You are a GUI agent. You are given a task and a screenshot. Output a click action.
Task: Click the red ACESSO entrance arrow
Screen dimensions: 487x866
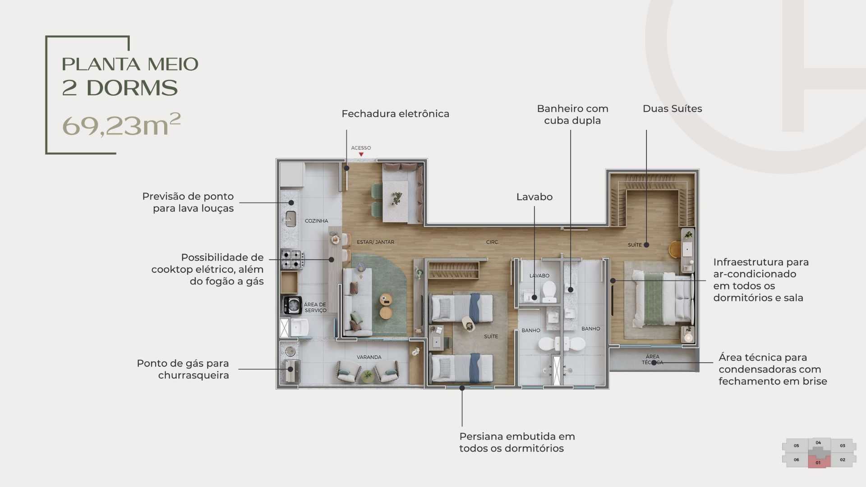pyautogui.click(x=361, y=155)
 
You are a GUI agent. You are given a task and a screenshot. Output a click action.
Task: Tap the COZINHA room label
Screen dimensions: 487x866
pyautogui.click(x=316, y=221)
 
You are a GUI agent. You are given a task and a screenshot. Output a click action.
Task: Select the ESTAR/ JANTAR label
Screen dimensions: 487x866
pyautogui.click(x=375, y=242)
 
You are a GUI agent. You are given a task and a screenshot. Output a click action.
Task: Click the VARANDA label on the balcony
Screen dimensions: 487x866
pyautogui.click(x=369, y=357)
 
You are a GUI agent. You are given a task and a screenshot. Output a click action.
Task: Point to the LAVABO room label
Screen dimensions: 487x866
pyautogui.click(x=539, y=276)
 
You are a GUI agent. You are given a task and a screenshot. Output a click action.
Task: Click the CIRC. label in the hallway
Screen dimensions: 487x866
pyautogui.click(x=492, y=242)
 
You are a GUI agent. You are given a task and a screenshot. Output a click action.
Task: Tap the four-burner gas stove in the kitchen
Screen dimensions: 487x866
pyautogui.click(x=292, y=259)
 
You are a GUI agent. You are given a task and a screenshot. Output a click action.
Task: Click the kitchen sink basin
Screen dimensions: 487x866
pyautogui.click(x=291, y=219)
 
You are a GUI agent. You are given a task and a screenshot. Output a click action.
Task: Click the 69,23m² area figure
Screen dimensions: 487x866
pyautogui.click(x=121, y=125)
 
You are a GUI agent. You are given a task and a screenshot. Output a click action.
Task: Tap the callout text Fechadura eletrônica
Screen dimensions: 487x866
pyautogui.click(x=395, y=114)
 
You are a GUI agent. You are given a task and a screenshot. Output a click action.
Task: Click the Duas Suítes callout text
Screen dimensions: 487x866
pyautogui.click(x=672, y=109)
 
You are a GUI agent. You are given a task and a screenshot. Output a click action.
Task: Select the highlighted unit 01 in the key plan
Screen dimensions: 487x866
pyautogui.click(x=818, y=462)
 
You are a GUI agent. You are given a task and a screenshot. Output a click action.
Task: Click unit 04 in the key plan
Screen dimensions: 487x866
pyautogui.click(x=818, y=443)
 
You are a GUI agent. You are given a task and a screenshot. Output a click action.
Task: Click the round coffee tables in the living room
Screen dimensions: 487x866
pyautogui.click(x=386, y=306)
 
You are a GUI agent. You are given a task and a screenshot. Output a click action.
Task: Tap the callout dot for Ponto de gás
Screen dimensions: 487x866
pyautogui.click(x=290, y=369)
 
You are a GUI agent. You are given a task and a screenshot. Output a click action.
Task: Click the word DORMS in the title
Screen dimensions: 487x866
pyautogui.click(x=132, y=88)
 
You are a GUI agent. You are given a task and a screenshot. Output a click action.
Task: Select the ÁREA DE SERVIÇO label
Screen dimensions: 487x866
pyautogui.click(x=315, y=308)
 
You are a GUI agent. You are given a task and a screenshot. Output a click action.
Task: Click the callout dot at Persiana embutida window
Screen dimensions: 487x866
pyautogui.click(x=462, y=388)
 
